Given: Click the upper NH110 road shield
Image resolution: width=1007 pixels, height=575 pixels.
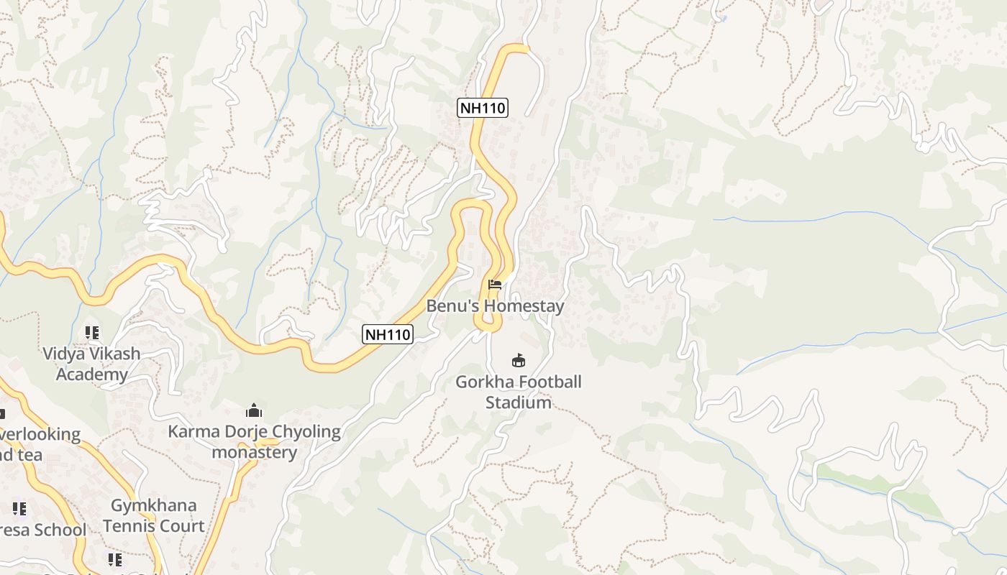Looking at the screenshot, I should pyautogui.click(x=483, y=108).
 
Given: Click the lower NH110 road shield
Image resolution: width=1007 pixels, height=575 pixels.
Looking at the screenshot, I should pyautogui.click(x=387, y=333).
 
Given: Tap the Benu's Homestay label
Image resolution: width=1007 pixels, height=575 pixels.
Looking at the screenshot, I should pyautogui.click(x=495, y=305).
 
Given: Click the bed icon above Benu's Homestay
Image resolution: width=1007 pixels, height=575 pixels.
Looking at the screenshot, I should pyautogui.click(x=494, y=285).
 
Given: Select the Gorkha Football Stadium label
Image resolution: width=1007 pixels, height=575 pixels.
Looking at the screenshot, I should pyautogui.click(x=518, y=392).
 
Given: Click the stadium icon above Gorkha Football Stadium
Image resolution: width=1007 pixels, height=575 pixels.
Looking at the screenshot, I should pyautogui.click(x=518, y=360).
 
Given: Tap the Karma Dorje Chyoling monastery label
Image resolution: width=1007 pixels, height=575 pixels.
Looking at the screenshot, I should pyautogui.click(x=254, y=441).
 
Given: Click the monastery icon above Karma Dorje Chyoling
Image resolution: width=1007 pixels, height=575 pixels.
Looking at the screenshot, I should pyautogui.click(x=253, y=410).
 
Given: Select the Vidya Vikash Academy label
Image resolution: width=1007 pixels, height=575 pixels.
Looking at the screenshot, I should pyautogui.click(x=91, y=364).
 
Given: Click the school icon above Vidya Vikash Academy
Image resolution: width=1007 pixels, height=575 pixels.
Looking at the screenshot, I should pyautogui.click(x=91, y=333).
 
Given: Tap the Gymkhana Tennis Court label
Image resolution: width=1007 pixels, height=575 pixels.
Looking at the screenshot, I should pyautogui.click(x=153, y=515).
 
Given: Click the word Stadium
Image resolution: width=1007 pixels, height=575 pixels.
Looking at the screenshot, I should pyautogui.click(x=518, y=402).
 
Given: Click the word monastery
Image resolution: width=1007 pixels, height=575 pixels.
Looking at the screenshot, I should pyautogui.click(x=254, y=452).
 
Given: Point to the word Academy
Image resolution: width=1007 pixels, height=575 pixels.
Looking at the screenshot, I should pyautogui.click(x=91, y=374).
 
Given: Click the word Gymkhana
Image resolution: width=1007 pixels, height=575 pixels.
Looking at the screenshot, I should pyautogui.click(x=153, y=505).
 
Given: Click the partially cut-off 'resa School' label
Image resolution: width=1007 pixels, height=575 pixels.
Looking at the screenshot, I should pyautogui.click(x=42, y=530).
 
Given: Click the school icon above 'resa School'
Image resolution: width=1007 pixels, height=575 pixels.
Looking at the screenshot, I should pyautogui.click(x=19, y=509).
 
